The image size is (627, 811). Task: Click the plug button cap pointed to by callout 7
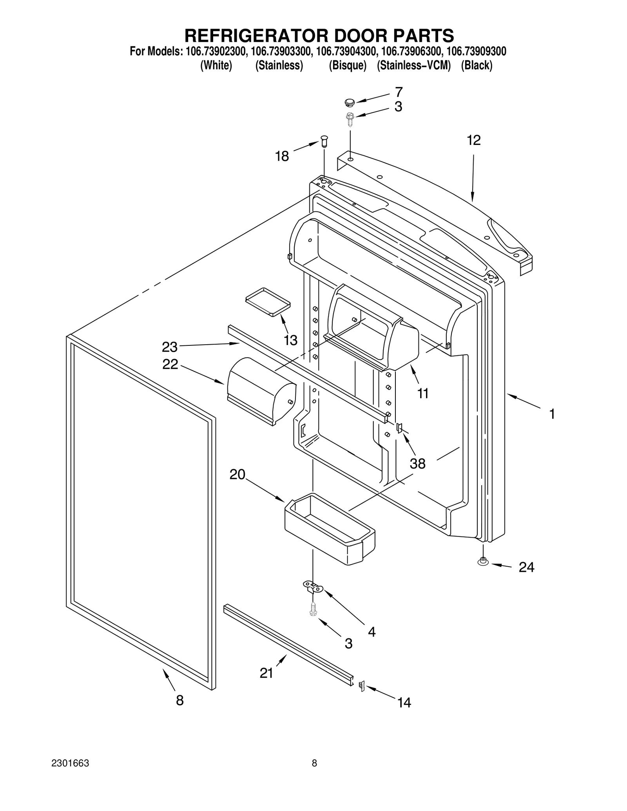point(349,103)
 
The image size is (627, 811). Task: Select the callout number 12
point(473,140)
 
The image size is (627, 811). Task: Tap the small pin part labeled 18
point(324,141)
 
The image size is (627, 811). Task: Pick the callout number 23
point(170,347)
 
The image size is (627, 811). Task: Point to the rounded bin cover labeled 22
point(261,390)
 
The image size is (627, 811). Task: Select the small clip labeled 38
point(399,428)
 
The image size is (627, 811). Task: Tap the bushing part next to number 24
point(483,562)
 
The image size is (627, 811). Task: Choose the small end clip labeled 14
point(362,686)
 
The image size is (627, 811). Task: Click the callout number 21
point(266,673)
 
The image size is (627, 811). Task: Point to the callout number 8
point(179,700)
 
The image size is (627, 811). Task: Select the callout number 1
point(552,414)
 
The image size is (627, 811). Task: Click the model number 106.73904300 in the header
point(346,51)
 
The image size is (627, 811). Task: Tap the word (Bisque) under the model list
point(347,65)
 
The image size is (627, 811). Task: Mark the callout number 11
point(422,393)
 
